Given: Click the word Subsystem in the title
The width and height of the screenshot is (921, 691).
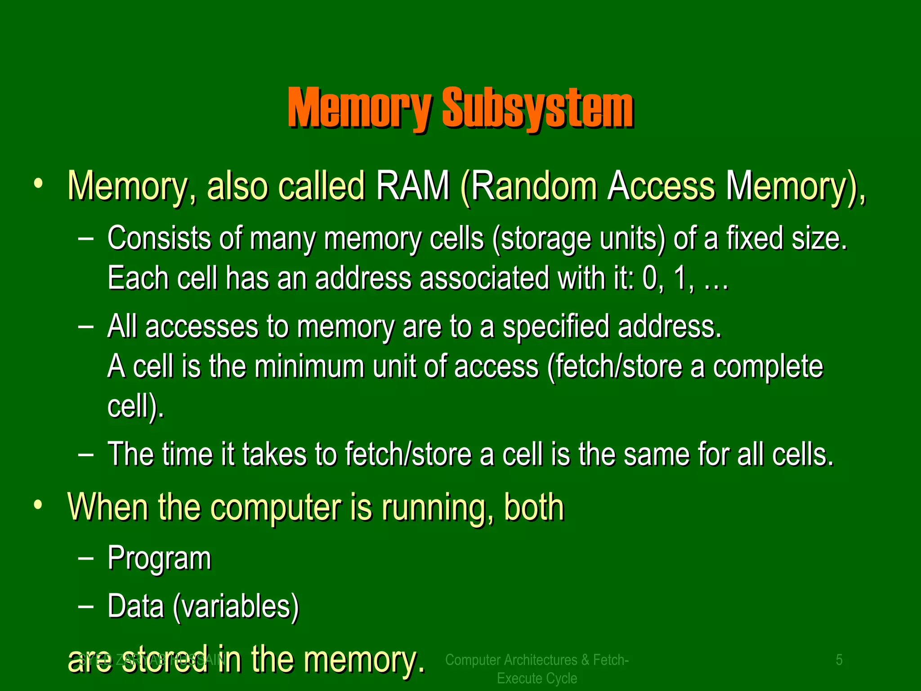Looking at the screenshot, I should (x=538, y=108).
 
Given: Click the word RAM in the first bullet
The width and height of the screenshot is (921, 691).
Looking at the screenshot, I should (x=412, y=186).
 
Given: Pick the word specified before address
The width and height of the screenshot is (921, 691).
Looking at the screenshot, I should (x=556, y=326).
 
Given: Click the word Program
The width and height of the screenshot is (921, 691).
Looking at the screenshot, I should (x=159, y=558).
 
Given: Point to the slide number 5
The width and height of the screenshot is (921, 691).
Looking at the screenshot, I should (x=839, y=660).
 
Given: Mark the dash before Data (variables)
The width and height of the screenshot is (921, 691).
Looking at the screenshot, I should (x=85, y=606).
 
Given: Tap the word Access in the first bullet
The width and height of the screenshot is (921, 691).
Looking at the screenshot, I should (x=661, y=186).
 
